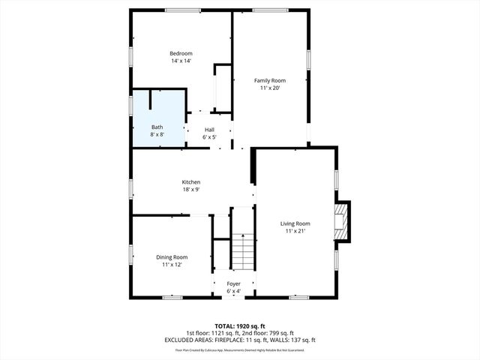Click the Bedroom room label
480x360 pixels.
click(181, 53)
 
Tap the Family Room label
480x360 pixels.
click(270, 80)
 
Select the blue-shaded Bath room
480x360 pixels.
click(158, 120)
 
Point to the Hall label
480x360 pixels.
click(209, 130)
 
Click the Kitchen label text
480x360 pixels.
click(190, 182)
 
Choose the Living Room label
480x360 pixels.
click(295, 223)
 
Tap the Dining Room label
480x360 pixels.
click(172, 257)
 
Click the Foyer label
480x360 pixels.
click(234, 283)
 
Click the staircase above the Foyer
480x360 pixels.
click(241, 250)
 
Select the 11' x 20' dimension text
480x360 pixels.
click(270, 88)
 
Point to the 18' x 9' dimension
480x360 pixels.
click(190, 190)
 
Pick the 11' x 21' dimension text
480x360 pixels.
click(295, 231)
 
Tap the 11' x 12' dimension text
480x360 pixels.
click(172, 265)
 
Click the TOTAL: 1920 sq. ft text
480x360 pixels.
click(240, 326)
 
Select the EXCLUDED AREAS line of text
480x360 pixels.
click(240, 340)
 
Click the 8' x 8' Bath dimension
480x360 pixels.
click(157, 134)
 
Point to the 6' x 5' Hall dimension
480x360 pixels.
click(209, 137)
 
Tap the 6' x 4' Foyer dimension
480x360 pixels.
click(234, 291)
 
